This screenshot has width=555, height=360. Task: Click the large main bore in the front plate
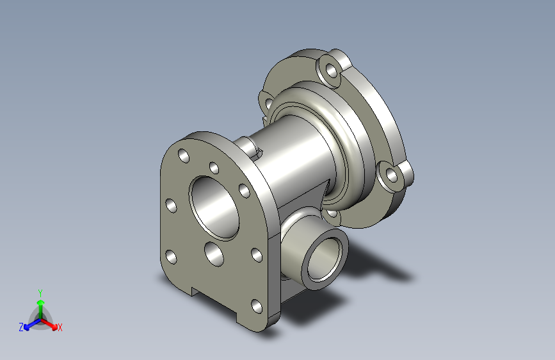click(214, 208)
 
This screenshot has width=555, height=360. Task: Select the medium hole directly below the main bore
click(214, 254)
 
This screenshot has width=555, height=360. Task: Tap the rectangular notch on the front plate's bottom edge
click(214, 300)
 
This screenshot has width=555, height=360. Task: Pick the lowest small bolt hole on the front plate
click(257, 306)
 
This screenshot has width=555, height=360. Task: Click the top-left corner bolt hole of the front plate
click(184, 156)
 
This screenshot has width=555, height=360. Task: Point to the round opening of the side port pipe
click(323, 259)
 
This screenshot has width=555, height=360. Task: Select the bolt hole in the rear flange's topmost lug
click(332, 70)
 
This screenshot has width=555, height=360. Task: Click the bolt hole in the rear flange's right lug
click(392, 175)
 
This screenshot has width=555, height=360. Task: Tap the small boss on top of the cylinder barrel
click(250, 147)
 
